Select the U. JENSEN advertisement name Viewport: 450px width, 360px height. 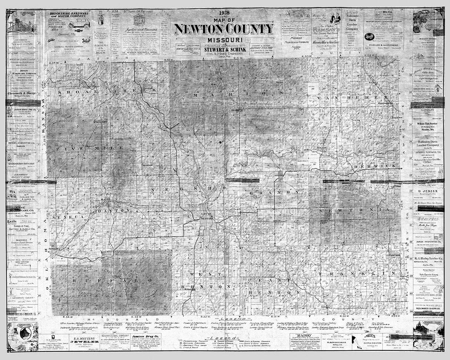[428, 191]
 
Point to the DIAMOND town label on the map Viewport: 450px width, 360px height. [236, 110]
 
